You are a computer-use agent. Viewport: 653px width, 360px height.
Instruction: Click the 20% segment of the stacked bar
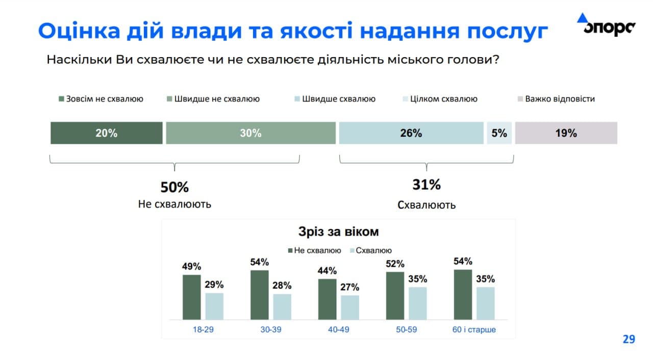click(106, 133)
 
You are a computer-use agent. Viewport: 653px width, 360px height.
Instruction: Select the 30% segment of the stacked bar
click(250, 133)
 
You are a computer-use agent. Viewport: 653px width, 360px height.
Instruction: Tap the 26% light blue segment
click(411, 133)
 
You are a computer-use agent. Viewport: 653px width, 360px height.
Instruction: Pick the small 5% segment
click(499, 133)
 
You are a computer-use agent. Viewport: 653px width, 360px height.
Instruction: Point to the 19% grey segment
click(566, 133)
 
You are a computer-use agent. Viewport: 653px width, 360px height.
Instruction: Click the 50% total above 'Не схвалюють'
click(174, 187)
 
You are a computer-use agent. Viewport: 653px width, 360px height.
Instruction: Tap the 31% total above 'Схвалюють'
click(426, 185)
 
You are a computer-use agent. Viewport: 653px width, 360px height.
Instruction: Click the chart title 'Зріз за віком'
click(339, 232)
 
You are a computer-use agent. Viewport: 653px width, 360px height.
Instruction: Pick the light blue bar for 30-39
click(282, 306)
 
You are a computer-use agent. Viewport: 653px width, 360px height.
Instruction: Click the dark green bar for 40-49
click(327, 299)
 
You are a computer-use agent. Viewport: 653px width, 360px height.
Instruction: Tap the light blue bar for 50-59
click(417, 303)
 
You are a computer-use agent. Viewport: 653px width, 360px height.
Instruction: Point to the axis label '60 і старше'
click(474, 329)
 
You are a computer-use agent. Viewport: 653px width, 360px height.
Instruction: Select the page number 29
click(629, 339)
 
